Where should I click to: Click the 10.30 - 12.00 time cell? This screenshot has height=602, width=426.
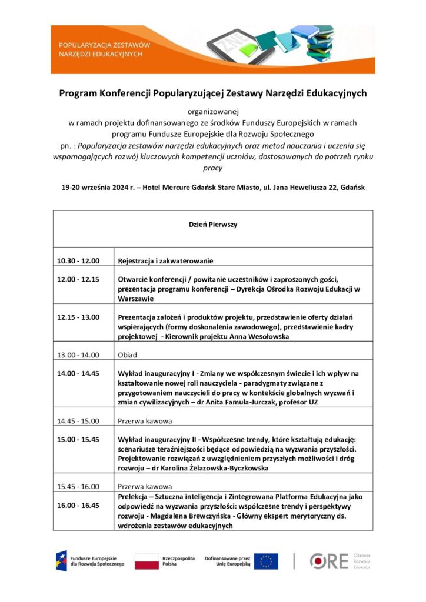click(78, 260)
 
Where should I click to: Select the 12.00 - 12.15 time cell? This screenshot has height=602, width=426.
click(78, 279)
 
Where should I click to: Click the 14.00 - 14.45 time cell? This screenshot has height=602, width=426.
click(78, 373)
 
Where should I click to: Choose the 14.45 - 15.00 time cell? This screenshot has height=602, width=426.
click(78, 420)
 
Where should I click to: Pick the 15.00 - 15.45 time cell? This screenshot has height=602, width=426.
click(78, 439)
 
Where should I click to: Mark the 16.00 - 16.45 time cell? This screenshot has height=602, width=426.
click(78, 505)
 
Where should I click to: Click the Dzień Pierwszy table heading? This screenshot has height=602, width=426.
click(212, 225)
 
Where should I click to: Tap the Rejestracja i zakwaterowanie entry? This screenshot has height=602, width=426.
click(165, 260)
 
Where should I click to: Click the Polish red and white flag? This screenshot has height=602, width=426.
click(147, 561)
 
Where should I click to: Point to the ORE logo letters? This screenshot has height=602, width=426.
click(330, 561)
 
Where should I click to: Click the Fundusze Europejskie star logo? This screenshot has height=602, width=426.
click(61, 561)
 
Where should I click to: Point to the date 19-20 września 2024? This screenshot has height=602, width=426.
click(98, 188)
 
